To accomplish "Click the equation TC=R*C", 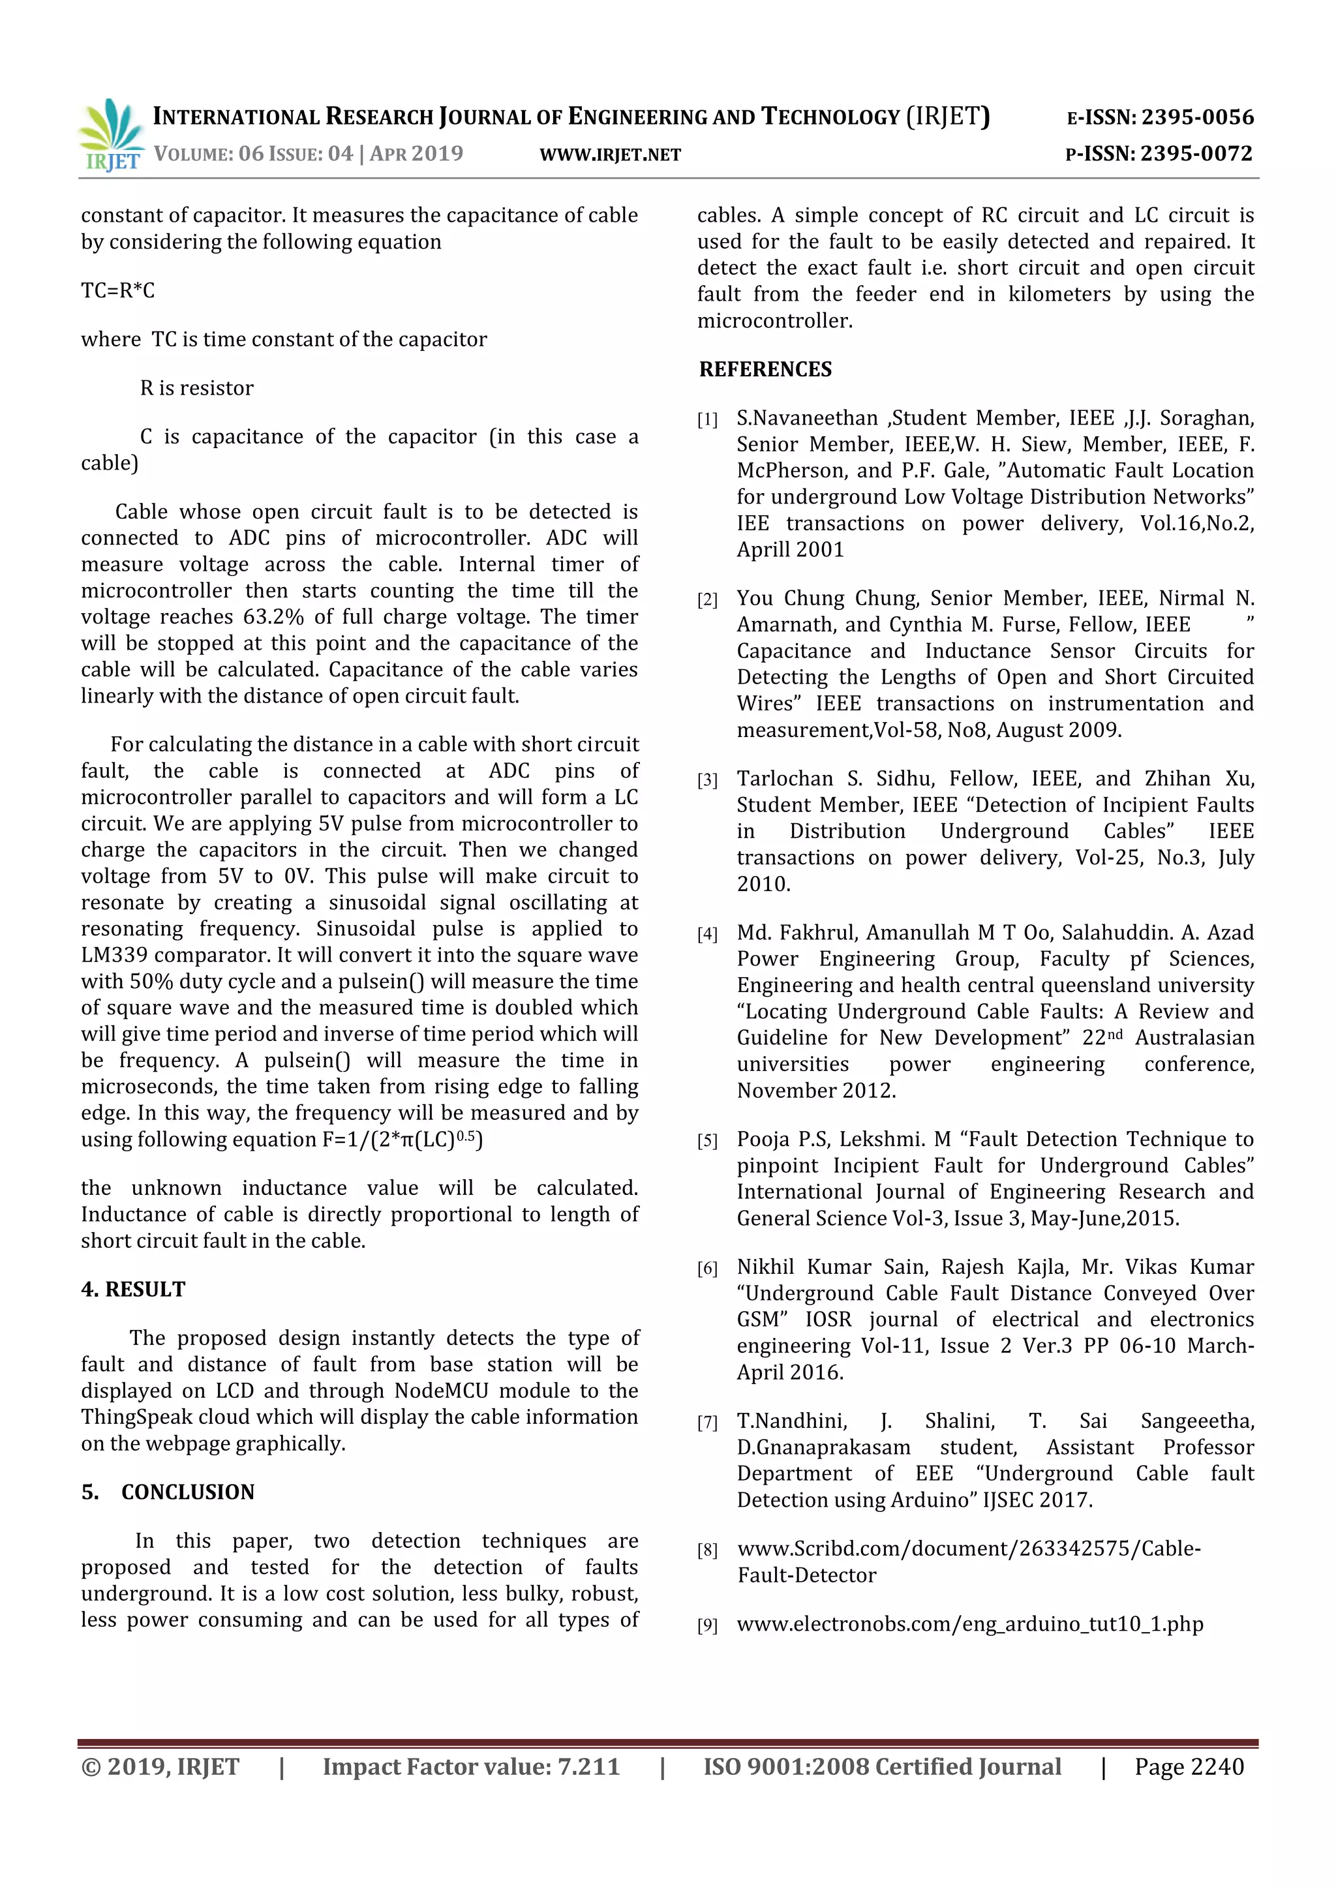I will (117, 290).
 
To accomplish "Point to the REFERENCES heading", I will (765, 369).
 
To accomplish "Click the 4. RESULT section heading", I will (133, 1289).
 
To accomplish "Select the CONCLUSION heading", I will (188, 1492).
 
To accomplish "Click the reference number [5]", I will (706, 1141).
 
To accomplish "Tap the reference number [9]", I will (706, 1625).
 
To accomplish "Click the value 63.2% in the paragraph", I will (275, 617).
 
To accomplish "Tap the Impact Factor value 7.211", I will (587, 1766).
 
